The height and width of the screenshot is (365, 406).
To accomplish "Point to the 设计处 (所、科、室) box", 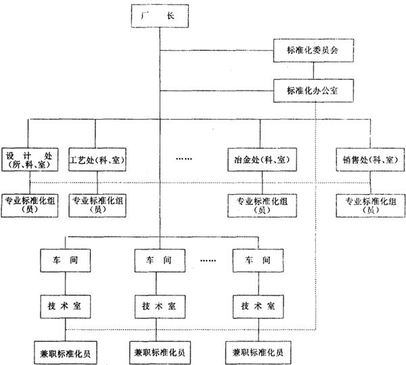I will (29, 157).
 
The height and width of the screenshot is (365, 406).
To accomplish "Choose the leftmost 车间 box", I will (66, 260).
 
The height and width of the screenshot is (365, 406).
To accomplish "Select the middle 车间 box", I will (160, 260).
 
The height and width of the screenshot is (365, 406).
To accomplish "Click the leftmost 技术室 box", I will (66, 305).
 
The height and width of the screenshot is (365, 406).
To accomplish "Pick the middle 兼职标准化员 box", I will (160, 351).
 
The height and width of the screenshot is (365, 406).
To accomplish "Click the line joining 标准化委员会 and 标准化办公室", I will (312, 70).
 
